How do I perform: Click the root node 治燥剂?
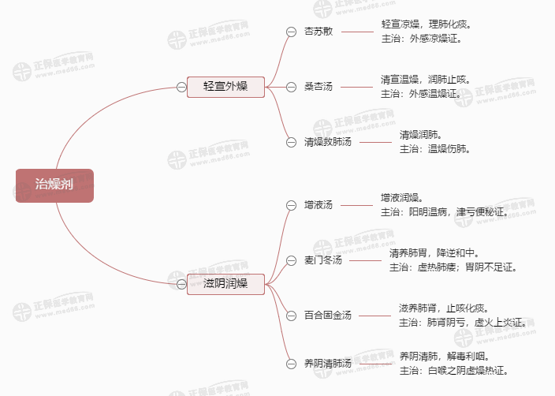(x=54, y=185)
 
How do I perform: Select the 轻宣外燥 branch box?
(x=225, y=86)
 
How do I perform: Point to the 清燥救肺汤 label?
(x=328, y=142)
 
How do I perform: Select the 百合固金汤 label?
(x=328, y=316)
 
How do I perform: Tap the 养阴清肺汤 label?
(x=328, y=364)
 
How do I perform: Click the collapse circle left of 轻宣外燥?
(x=181, y=86)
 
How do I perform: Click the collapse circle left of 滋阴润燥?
(x=181, y=284)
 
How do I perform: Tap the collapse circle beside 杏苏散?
(x=291, y=32)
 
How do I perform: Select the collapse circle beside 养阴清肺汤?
(x=291, y=364)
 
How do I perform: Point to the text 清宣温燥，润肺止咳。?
(x=426, y=80)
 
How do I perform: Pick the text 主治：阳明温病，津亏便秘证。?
(x=445, y=211)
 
